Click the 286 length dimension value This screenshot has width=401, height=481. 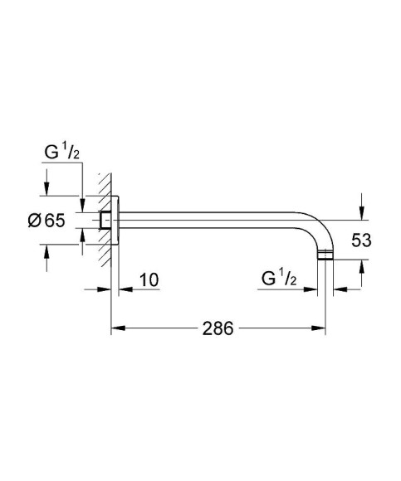218,328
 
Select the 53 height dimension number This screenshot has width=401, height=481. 361,240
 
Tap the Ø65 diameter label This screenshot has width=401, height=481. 46,221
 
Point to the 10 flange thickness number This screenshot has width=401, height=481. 149,279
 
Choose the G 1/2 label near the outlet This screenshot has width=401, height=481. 279,278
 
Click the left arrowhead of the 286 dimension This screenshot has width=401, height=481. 118,328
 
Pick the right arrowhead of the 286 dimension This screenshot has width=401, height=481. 318,328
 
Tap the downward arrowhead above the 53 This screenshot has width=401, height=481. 362,213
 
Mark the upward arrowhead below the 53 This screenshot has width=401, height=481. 362,266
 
